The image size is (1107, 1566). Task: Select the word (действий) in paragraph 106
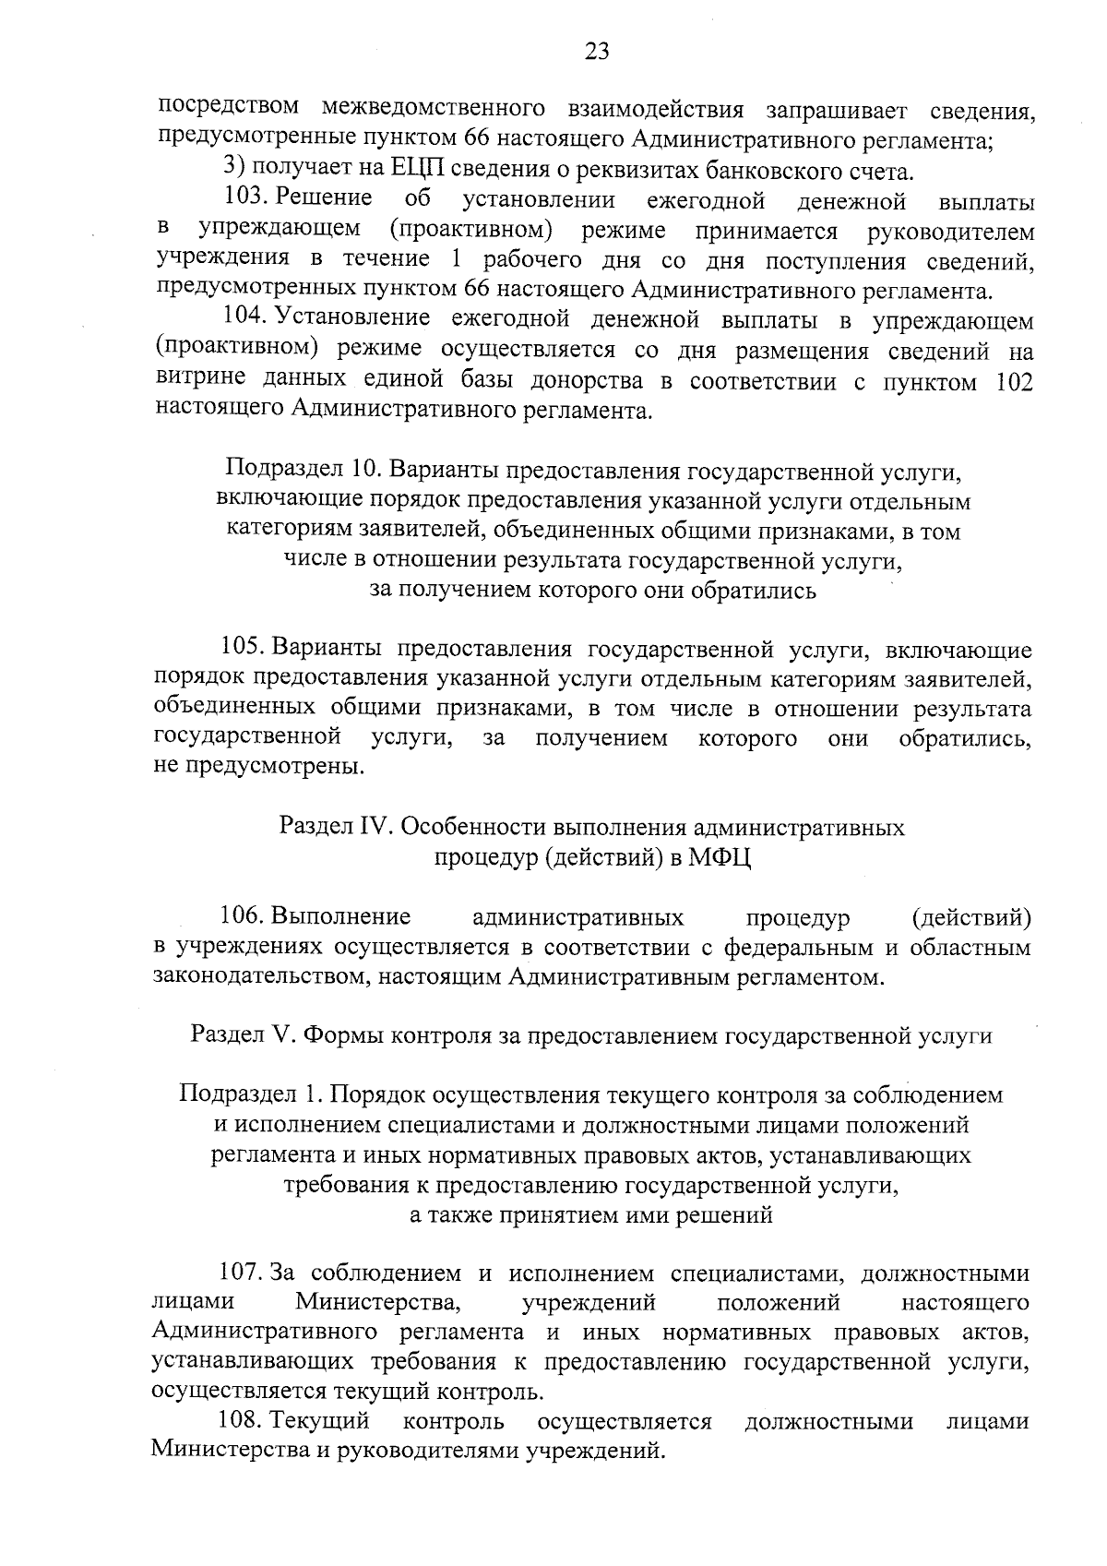point(970,917)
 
